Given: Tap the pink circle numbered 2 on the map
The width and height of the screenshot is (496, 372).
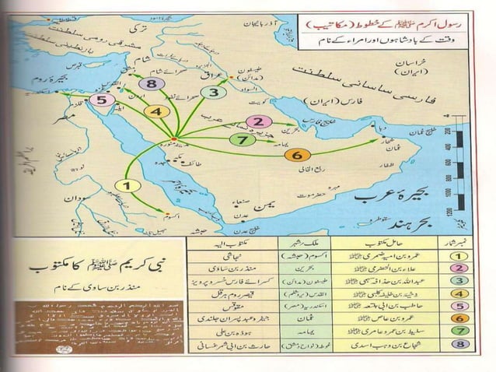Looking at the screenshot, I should click(259, 121).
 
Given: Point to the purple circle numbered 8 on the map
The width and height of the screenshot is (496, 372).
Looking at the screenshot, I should click(152, 84).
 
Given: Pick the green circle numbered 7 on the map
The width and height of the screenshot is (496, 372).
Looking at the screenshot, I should click(243, 139).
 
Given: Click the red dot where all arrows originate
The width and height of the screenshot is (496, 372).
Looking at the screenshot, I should click(175, 140).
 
